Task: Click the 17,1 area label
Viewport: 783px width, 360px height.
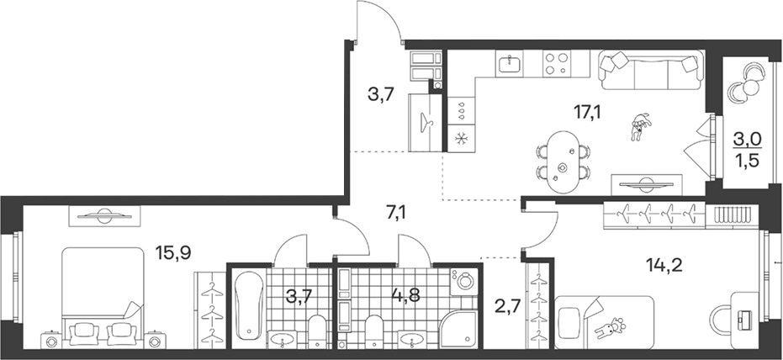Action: click(x=588, y=113)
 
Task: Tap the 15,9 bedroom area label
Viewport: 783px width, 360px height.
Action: click(x=172, y=252)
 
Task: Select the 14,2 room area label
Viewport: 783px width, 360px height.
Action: click(x=663, y=265)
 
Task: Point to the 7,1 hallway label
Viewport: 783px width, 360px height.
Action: click(x=396, y=214)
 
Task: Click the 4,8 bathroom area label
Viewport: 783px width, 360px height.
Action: click(x=405, y=295)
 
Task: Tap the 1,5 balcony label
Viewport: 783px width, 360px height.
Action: click(x=747, y=162)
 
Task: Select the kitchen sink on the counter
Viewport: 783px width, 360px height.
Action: click(x=510, y=63)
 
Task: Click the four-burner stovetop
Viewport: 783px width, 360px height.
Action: click(x=556, y=63)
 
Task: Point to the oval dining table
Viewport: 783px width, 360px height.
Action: click(x=563, y=161)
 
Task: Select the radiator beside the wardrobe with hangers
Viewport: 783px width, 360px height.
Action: click(x=732, y=214)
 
